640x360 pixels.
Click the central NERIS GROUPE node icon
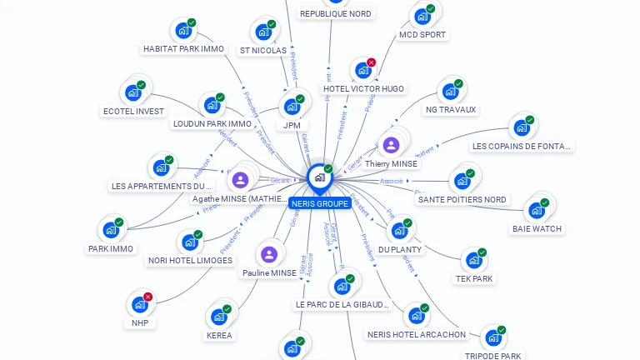tap(319, 177)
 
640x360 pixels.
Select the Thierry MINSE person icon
tap(391, 145)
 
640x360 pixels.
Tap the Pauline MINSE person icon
tap(269, 254)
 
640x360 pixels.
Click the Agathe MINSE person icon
tap(240, 180)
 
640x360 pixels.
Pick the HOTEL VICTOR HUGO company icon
tap(362, 71)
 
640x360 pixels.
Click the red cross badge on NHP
tap(148, 297)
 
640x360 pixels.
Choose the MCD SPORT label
tap(422, 35)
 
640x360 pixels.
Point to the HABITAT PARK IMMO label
tap(183, 48)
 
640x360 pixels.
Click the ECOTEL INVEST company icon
tap(132, 93)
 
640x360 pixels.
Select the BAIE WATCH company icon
tap(536, 211)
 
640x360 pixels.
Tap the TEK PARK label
tap(474, 278)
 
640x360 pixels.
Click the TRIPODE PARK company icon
tap(492, 338)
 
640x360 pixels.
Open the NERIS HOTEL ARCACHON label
tap(417, 335)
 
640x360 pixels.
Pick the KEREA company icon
tap(218, 317)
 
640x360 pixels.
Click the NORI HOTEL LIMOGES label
tap(190, 260)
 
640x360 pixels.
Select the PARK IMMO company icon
tap(110, 231)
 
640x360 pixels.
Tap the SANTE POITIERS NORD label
tap(462, 199)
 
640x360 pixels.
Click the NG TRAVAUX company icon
tap(450, 92)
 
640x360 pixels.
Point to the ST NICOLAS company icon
tap(263, 32)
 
